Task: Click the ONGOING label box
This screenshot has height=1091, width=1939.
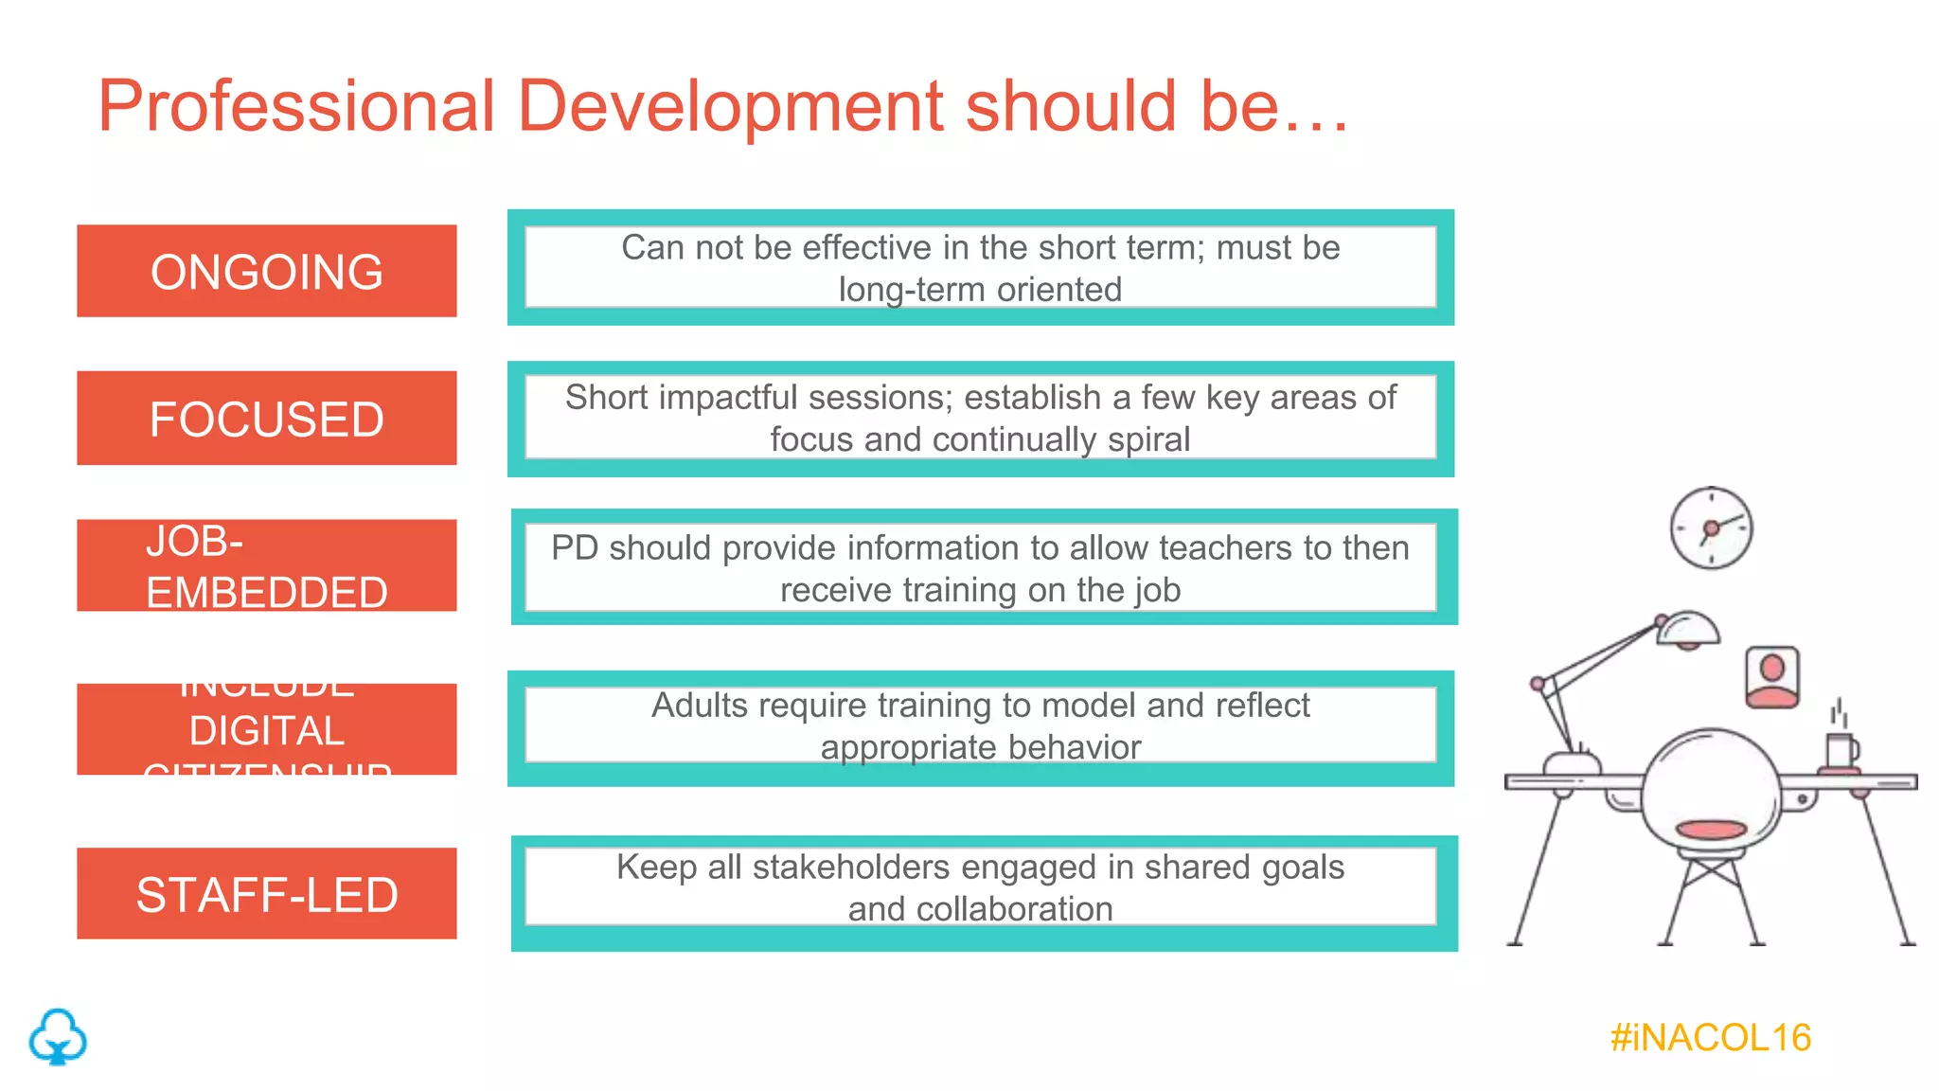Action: pyautogui.click(x=266, y=271)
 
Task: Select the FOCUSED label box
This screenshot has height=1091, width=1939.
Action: pyautogui.click(x=266, y=418)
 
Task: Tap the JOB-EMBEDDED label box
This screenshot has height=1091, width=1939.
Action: pyautogui.click(x=266, y=565)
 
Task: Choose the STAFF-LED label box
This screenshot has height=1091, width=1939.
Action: pyautogui.click(x=266, y=893)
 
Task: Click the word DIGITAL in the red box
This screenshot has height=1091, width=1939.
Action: pyautogui.click(x=266, y=730)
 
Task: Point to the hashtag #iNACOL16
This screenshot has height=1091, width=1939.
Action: pyautogui.click(x=1710, y=1038)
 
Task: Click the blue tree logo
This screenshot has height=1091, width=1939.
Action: pyautogui.click(x=58, y=1037)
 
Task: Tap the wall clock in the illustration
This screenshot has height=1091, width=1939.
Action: pyautogui.click(x=1711, y=528)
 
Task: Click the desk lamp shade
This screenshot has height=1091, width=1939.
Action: pyautogui.click(x=1688, y=628)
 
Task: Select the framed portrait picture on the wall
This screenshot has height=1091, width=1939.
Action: pyautogui.click(x=1771, y=677)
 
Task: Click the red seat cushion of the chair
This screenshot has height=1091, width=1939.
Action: pyautogui.click(x=1711, y=830)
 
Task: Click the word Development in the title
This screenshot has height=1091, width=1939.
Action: pyautogui.click(x=730, y=105)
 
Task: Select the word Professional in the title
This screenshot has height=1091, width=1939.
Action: pyautogui.click(x=296, y=105)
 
